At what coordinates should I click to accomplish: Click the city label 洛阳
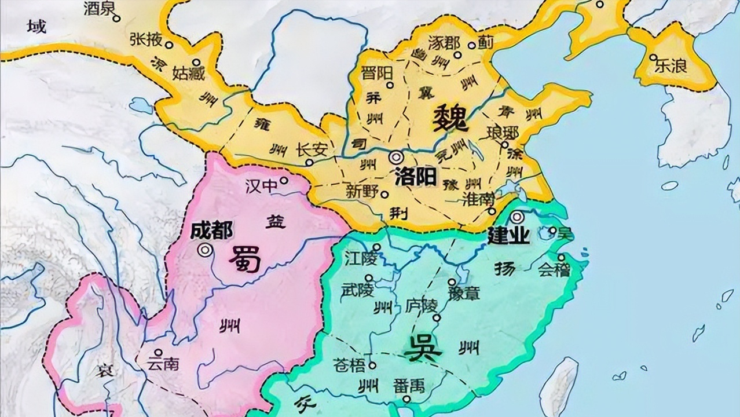[x=415, y=177]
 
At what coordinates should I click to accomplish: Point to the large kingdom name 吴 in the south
[x=422, y=347]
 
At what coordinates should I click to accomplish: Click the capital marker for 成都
[x=204, y=250]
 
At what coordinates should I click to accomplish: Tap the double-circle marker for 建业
[x=516, y=217]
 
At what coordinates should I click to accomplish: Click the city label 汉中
[x=258, y=185]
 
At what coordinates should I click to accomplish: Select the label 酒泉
[x=97, y=8]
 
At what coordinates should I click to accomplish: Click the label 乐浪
[x=671, y=66]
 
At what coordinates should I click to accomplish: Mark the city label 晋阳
[x=376, y=73]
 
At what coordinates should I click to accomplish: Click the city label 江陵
[x=360, y=257]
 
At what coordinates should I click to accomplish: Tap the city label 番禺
[x=409, y=385]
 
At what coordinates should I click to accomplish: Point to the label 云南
[x=163, y=364]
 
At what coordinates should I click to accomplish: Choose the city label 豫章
[x=464, y=294]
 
